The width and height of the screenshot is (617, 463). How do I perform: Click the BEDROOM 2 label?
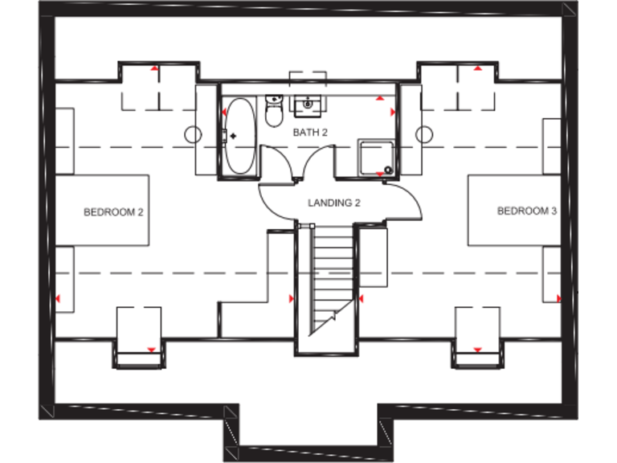click(x=113, y=212)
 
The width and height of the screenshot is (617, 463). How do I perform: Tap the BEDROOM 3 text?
click(x=527, y=211)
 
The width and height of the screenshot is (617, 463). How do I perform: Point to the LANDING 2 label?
click(x=334, y=203)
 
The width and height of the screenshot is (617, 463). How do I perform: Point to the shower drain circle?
click(x=388, y=170)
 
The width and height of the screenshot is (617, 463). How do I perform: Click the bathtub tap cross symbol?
click(x=234, y=137)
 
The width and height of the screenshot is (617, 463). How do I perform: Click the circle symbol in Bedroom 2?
click(x=193, y=134)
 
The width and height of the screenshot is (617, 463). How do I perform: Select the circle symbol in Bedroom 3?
click(x=424, y=133)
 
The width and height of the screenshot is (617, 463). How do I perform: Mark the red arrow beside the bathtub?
click(x=223, y=113)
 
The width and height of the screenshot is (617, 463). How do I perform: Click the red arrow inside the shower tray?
click(x=380, y=173)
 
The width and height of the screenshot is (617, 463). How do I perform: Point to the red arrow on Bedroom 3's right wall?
click(x=559, y=298)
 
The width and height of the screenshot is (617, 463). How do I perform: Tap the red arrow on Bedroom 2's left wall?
click(x=57, y=298)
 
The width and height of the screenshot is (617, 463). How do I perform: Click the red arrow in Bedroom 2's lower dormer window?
click(x=150, y=349)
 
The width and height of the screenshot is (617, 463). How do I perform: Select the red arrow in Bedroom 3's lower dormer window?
click(x=477, y=350)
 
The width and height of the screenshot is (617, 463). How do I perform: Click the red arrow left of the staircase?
click(x=292, y=299)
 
